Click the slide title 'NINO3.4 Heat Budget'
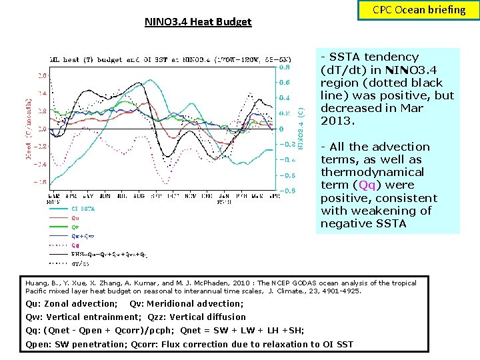[198, 22]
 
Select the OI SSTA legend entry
[82, 209]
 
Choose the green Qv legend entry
[75, 227]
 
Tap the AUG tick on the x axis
[139, 197]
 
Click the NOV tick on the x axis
[191, 197]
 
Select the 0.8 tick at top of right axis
[284, 67]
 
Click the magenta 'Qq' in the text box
[367, 185]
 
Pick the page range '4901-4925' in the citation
[343, 291]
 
